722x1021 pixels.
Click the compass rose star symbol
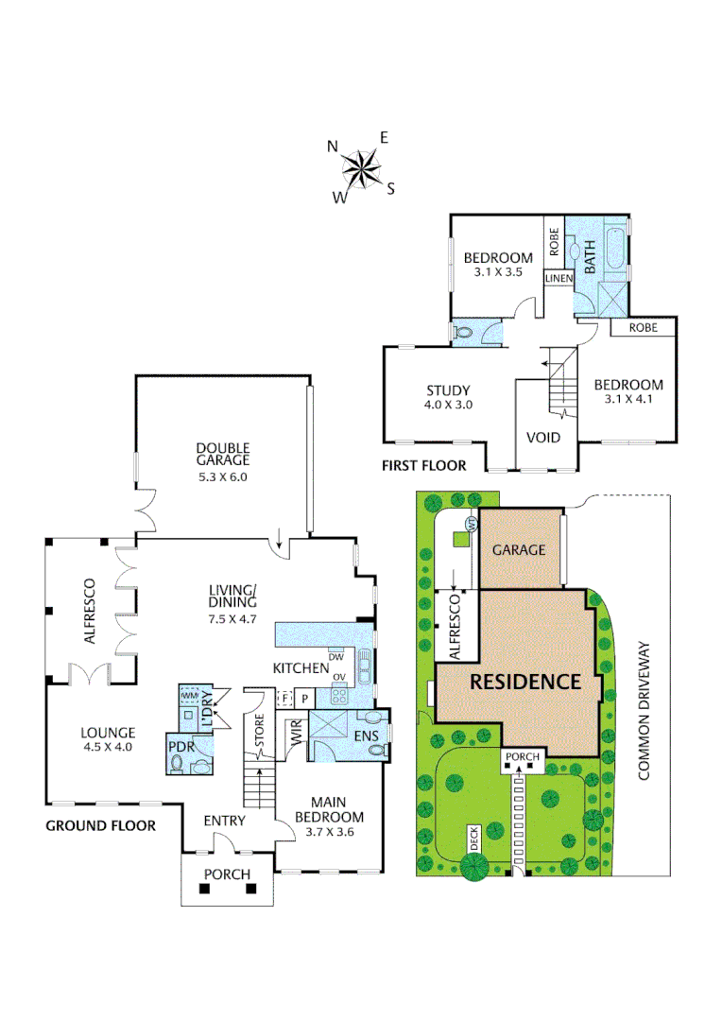(x=361, y=168)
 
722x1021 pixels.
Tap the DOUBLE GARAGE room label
(x=223, y=454)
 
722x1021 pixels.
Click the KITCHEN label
(x=301, y=668)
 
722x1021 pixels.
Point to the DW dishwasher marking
(x=335, y=657)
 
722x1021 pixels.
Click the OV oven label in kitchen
(x=339, y=677)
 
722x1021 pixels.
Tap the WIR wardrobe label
(x=295, y=731)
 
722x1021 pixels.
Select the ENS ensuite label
(x=366, y=736)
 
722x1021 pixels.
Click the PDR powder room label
(x=181, y=747)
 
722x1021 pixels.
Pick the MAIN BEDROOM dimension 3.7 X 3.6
(x=330, y=832)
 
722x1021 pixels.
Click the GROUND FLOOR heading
(x=101, y=825)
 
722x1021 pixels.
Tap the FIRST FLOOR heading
(x=423, y=465)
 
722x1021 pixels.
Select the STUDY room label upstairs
(x=448, y=390)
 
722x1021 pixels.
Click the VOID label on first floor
(x=543, y=438)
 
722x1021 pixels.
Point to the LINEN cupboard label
(x=559, y=279)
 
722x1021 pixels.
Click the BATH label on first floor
(x=590, y=256)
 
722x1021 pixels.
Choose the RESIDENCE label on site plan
(x=525, y=682)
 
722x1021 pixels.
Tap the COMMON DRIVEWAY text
(x=644, y=710)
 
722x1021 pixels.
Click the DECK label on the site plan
(x=474, y=839)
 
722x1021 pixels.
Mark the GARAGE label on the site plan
(x=519, y=550)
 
